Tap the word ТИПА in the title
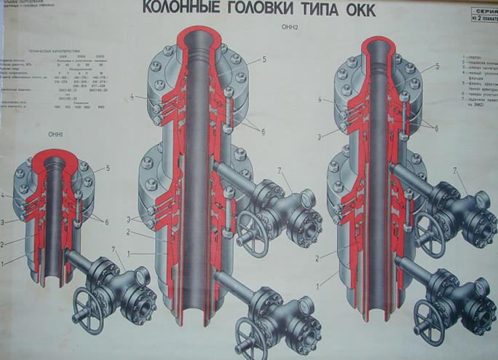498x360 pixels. point(335,9)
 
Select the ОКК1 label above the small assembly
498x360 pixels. point(56,134)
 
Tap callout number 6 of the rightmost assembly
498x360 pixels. point(437,128)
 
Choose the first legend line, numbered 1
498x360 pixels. point(473,56)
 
